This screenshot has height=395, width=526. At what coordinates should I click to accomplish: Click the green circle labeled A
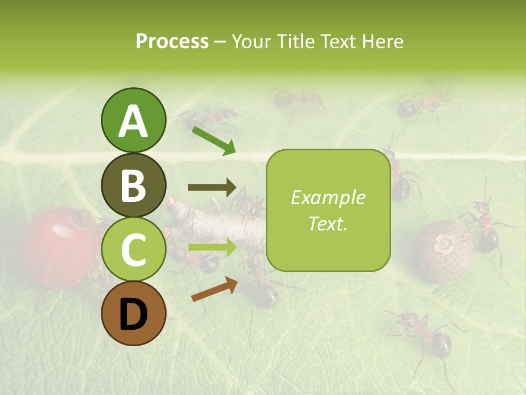coord(133,121)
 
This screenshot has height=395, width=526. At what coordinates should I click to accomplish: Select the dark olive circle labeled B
coord(133,185)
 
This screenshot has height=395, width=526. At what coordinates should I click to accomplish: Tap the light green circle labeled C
coord(133,250)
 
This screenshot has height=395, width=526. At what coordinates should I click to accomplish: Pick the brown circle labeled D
coord(133,314)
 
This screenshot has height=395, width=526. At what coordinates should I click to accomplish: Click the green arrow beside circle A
coord(214,140)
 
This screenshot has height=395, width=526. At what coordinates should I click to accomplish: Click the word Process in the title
coord(172,41)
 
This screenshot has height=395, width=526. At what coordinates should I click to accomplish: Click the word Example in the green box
coord(328,198)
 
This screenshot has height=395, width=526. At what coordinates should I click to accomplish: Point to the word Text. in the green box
coord(328,223)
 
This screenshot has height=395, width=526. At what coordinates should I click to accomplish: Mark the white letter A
coord(133,121)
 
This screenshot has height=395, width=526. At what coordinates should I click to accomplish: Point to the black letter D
coord(133,314)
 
